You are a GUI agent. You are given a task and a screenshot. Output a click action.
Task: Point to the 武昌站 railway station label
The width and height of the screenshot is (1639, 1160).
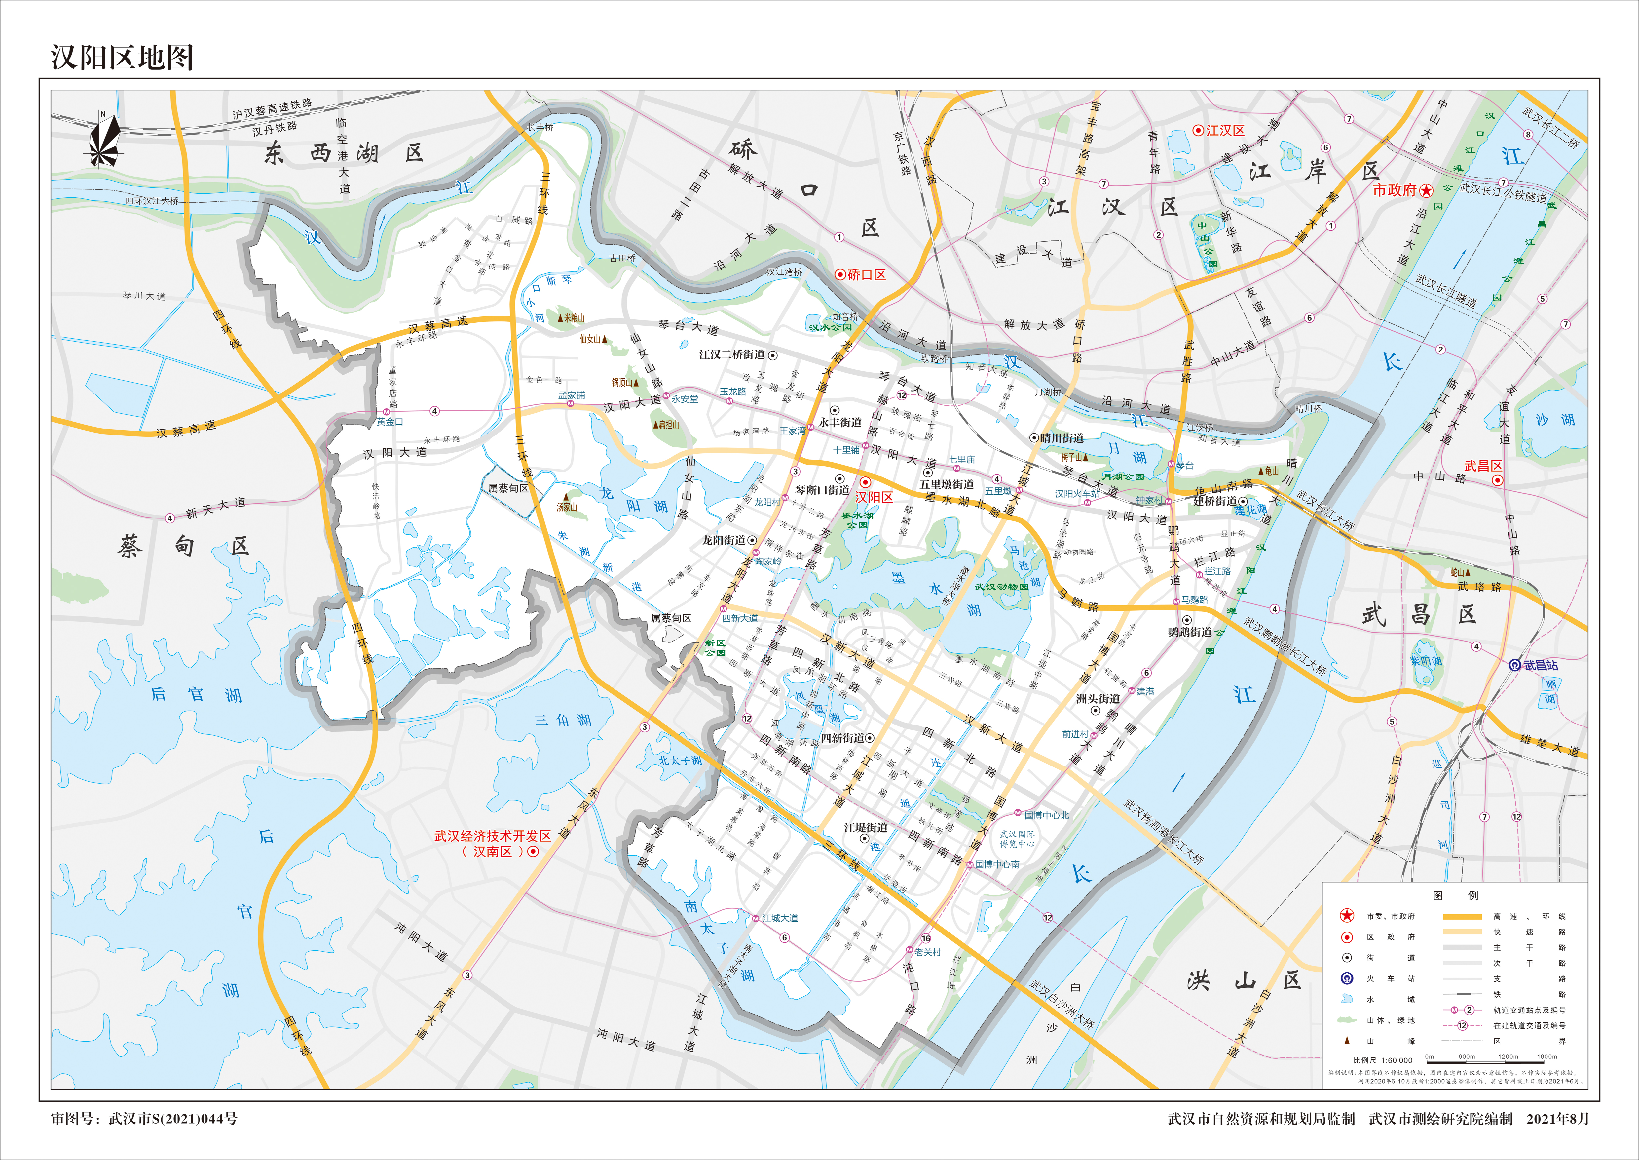tap(1541, 665)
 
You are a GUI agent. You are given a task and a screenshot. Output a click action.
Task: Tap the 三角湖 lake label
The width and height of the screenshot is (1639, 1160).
tap(563, 720)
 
